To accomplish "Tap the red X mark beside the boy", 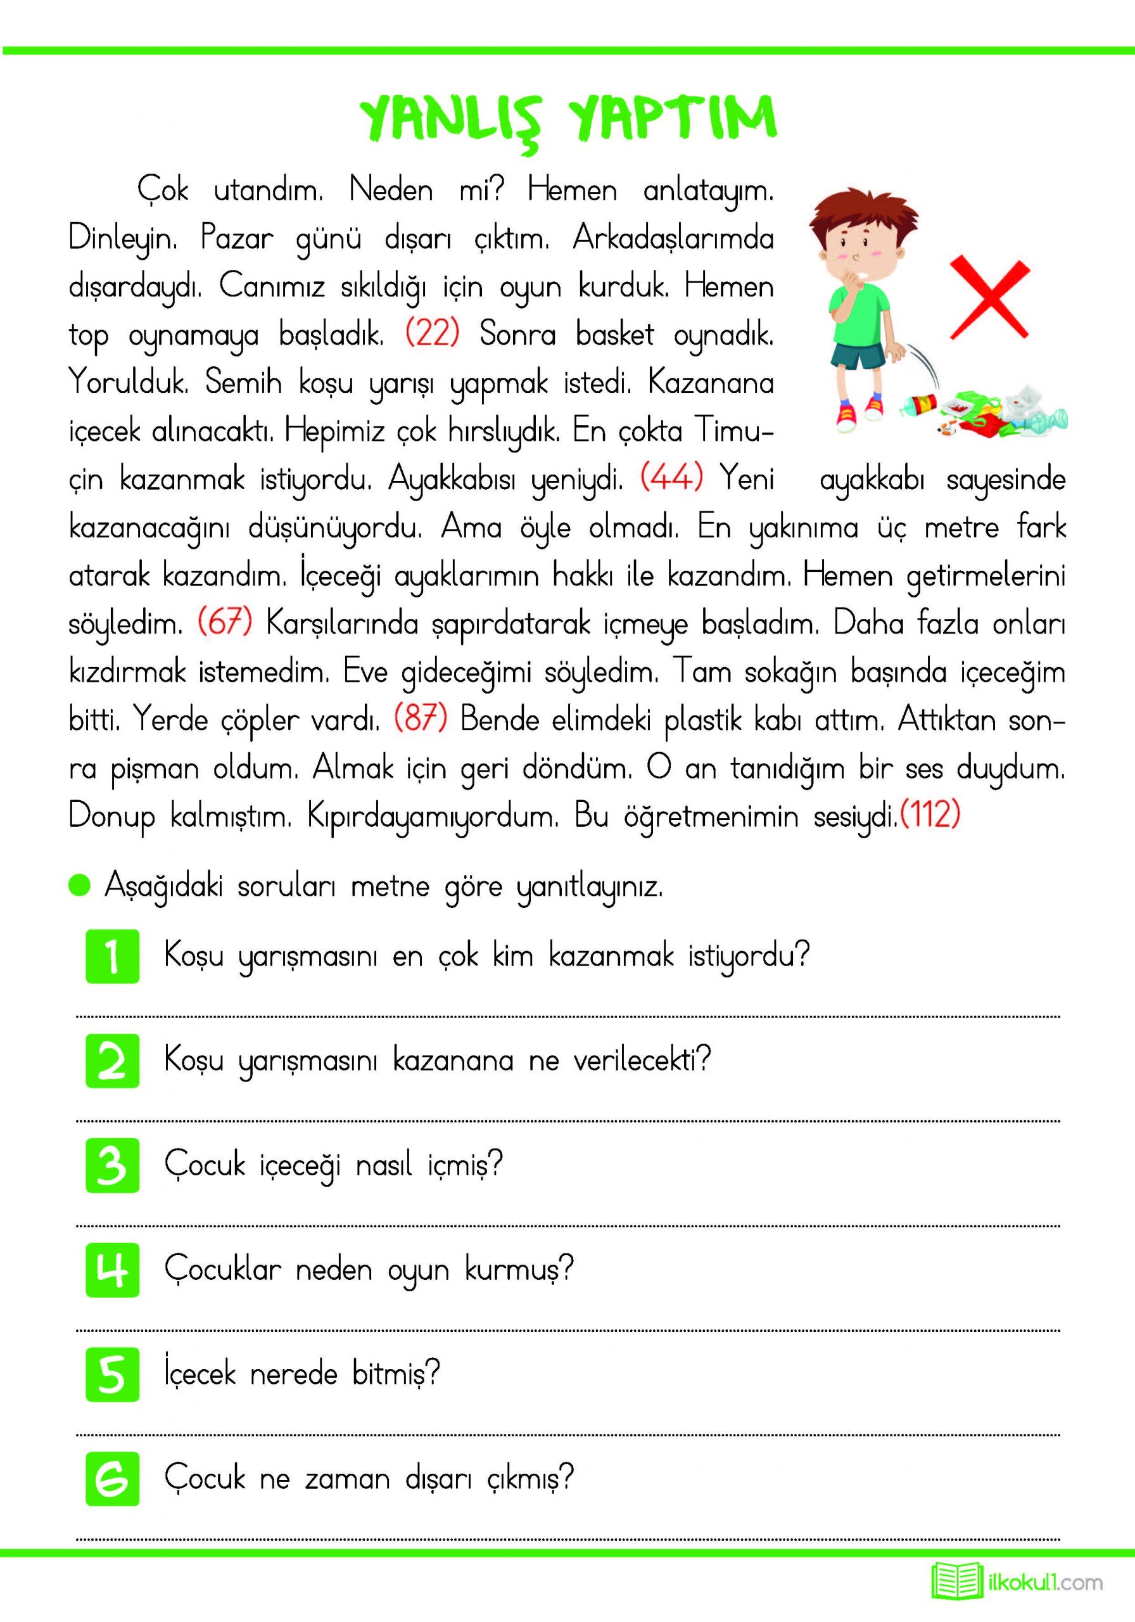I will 989,298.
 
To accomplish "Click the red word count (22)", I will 432,333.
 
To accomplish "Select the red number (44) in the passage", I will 671,478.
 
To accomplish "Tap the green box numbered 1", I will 112,957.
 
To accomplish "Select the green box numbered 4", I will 112,1270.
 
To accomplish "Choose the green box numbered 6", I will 112,1479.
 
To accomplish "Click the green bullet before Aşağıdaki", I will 80,885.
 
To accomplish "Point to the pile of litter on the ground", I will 989,413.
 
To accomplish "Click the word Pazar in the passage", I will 237,238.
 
